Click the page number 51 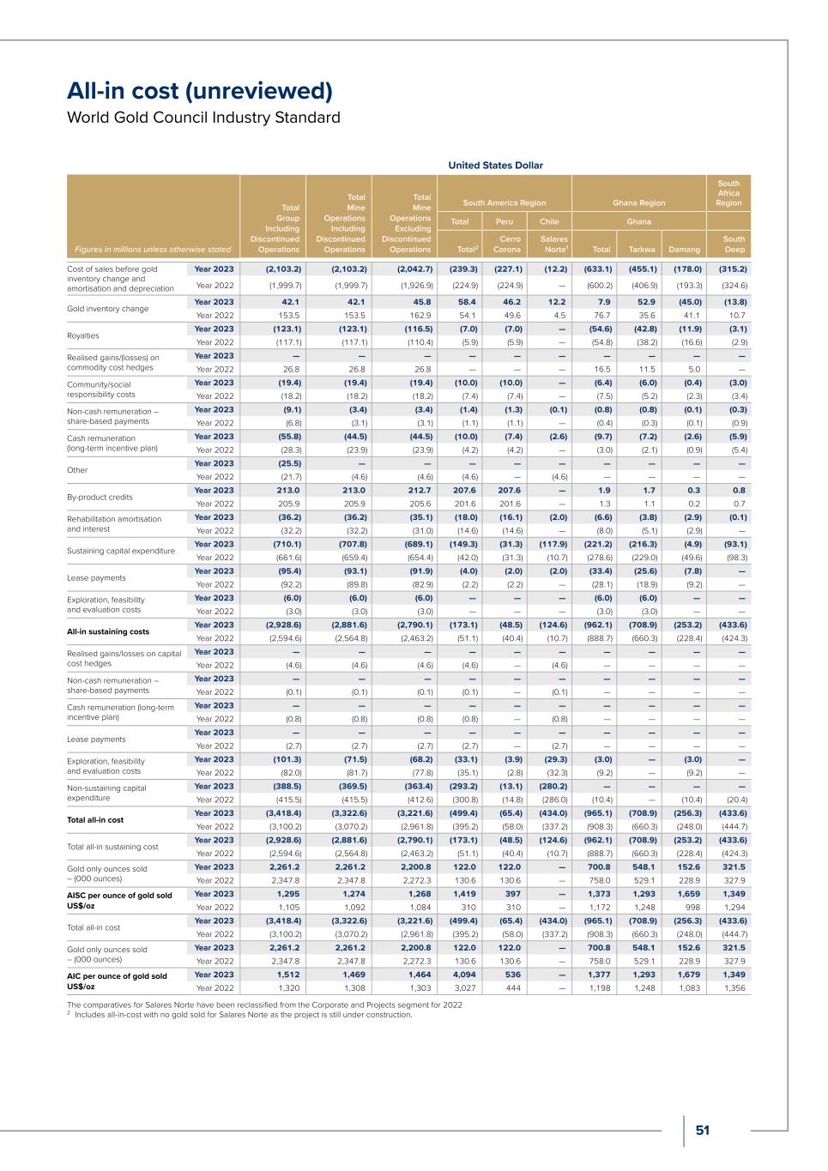point(703,1131)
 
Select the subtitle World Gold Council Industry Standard point(203,118)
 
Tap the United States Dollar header point(495,165)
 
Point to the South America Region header point(504,202)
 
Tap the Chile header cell point(548,220)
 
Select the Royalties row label point(83,335)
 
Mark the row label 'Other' point(77,470)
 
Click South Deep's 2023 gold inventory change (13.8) point(731,302)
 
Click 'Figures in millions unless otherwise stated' point(153,250)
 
